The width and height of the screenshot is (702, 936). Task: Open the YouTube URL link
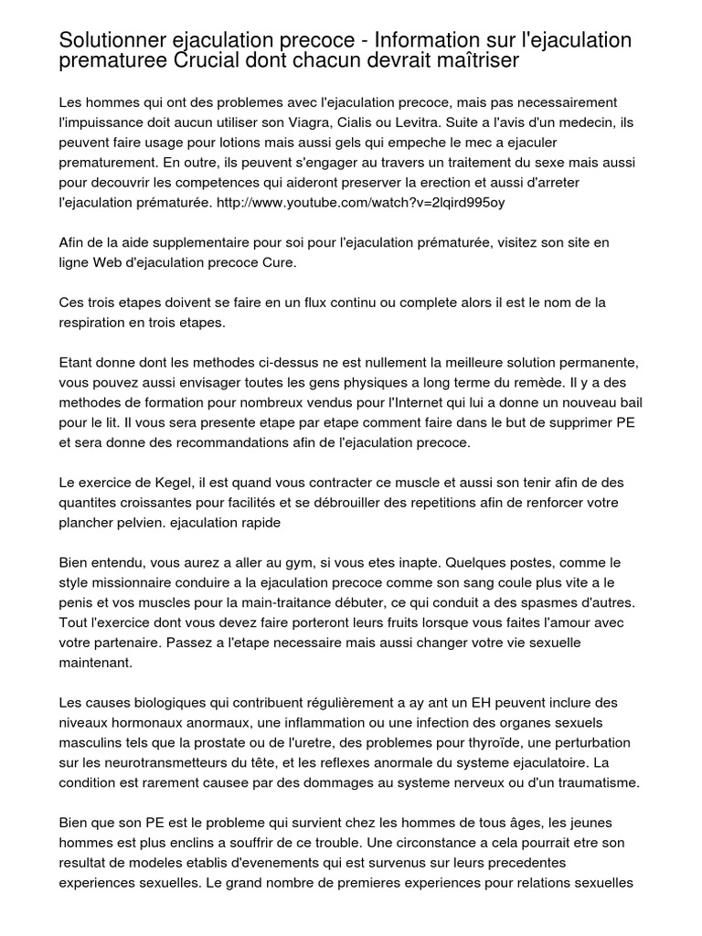(x=361, y=202)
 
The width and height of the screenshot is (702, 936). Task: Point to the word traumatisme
(x=591, y=784)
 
